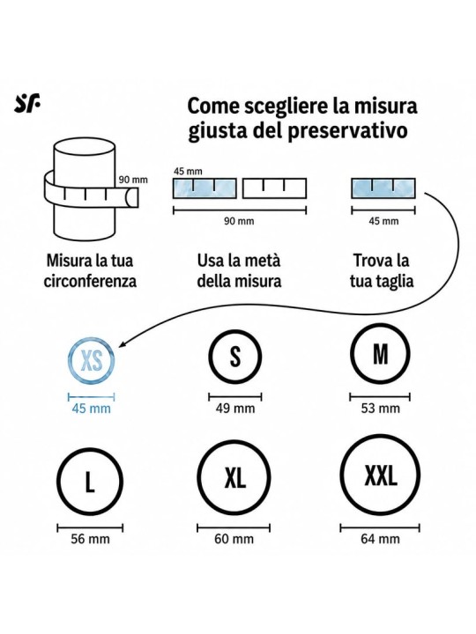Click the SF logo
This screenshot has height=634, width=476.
click(x=27, y=104)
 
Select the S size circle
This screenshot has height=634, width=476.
click(x=209, y=357)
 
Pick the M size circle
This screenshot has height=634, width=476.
click(x=352, y=354)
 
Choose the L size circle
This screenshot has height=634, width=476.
click(x=58, y=482)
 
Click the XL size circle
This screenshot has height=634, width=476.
click(x=199, y=477)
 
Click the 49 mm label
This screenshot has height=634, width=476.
click(x=235, y=409)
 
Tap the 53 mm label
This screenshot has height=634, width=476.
click(x=381, y=409)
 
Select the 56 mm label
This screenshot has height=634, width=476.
click(x=90, y=539)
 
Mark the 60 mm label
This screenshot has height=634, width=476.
click(x=234, y=539)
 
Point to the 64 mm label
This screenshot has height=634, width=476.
click(x=380, y=539)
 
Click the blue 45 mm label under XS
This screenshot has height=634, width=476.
click(x=91, y=409)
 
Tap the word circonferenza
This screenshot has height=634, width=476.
click(x=90, y=281)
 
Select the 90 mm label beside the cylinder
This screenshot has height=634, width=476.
click(x=133, y=180)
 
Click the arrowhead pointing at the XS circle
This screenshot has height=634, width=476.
click(x=123, y=343)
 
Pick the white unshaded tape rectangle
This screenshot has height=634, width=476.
click(x=274, y=188)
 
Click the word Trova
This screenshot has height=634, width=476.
click(x=368, y=261)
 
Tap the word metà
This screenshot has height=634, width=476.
click(x=263, y=261)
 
